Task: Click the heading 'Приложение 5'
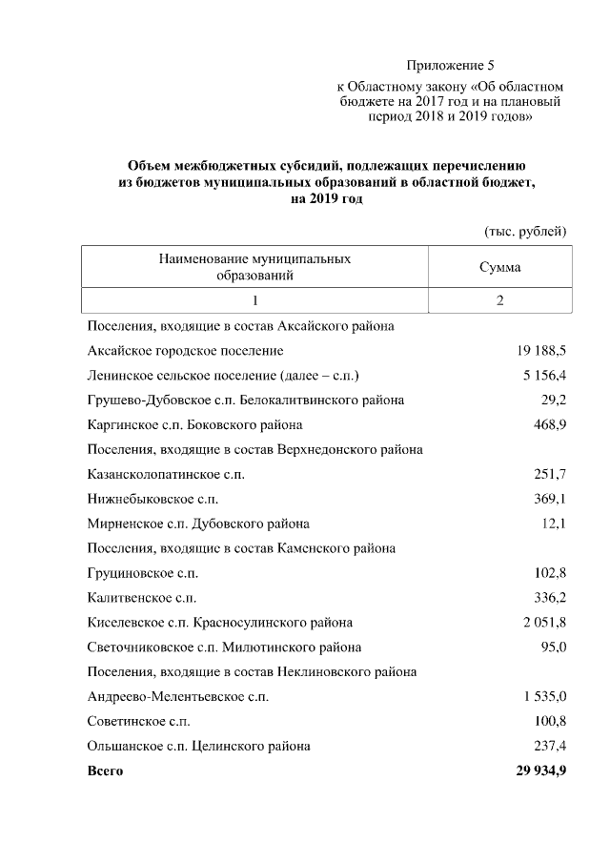(x=451, y=66)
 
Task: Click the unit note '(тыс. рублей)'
(x=526, y=231)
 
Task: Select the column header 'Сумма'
(x=499, y=267)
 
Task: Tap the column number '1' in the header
(x=254, y=300)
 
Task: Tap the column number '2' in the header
(x=499, y=300)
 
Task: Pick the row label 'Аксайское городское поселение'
(x=185, y=351)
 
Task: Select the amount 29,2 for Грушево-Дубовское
(x=554, y=401)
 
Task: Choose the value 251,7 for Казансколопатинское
(x=550, y=474)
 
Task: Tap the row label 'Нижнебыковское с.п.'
(x=152, y=499)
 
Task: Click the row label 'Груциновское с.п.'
(x=143, y=573)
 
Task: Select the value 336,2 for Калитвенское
(x=550, y=598)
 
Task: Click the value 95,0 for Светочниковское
(x=554, y=647)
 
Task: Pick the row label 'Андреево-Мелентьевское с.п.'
(x=177, y=697)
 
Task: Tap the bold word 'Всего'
(x=105, y=771)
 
